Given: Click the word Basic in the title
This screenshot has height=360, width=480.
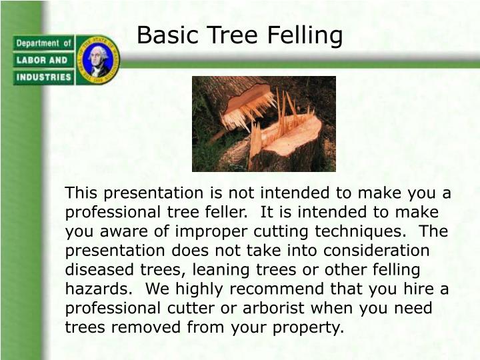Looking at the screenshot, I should click(x=163, y=35).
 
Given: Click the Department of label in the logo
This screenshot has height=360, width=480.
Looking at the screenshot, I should click(x=43, y=43).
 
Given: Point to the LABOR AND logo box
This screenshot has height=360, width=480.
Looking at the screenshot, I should click(x=43, y=60).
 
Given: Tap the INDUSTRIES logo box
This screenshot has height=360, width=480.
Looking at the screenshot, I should click(x=43, y=77).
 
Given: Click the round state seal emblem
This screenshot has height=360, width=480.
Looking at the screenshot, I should click(x=98, y=60).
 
